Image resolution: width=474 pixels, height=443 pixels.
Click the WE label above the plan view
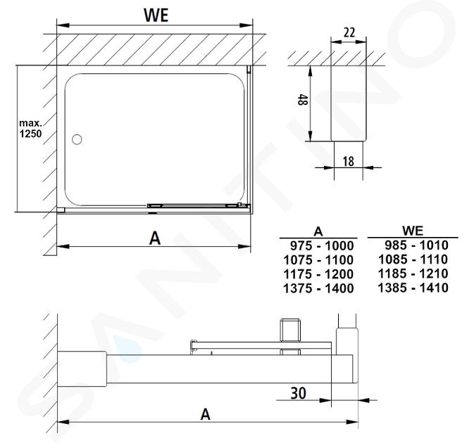click(x=156, y=15)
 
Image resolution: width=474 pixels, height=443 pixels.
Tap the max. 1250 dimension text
click(x=30, y=129)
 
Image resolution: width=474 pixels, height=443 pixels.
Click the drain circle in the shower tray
click(x=77, y=139)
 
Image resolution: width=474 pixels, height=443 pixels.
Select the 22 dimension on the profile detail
click(x=349, y=32)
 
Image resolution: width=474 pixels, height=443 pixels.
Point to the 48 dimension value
click(x=303, y=100)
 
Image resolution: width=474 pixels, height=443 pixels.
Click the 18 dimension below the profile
click(x=348, y=162)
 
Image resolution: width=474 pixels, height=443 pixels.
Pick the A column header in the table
click(x=318, y=232)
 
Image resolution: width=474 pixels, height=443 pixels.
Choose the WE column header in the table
click(x=413, y=231)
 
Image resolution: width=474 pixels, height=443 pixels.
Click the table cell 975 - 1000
click(x=322, y=245)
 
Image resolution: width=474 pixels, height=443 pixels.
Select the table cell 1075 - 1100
click(x=318, y=260)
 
